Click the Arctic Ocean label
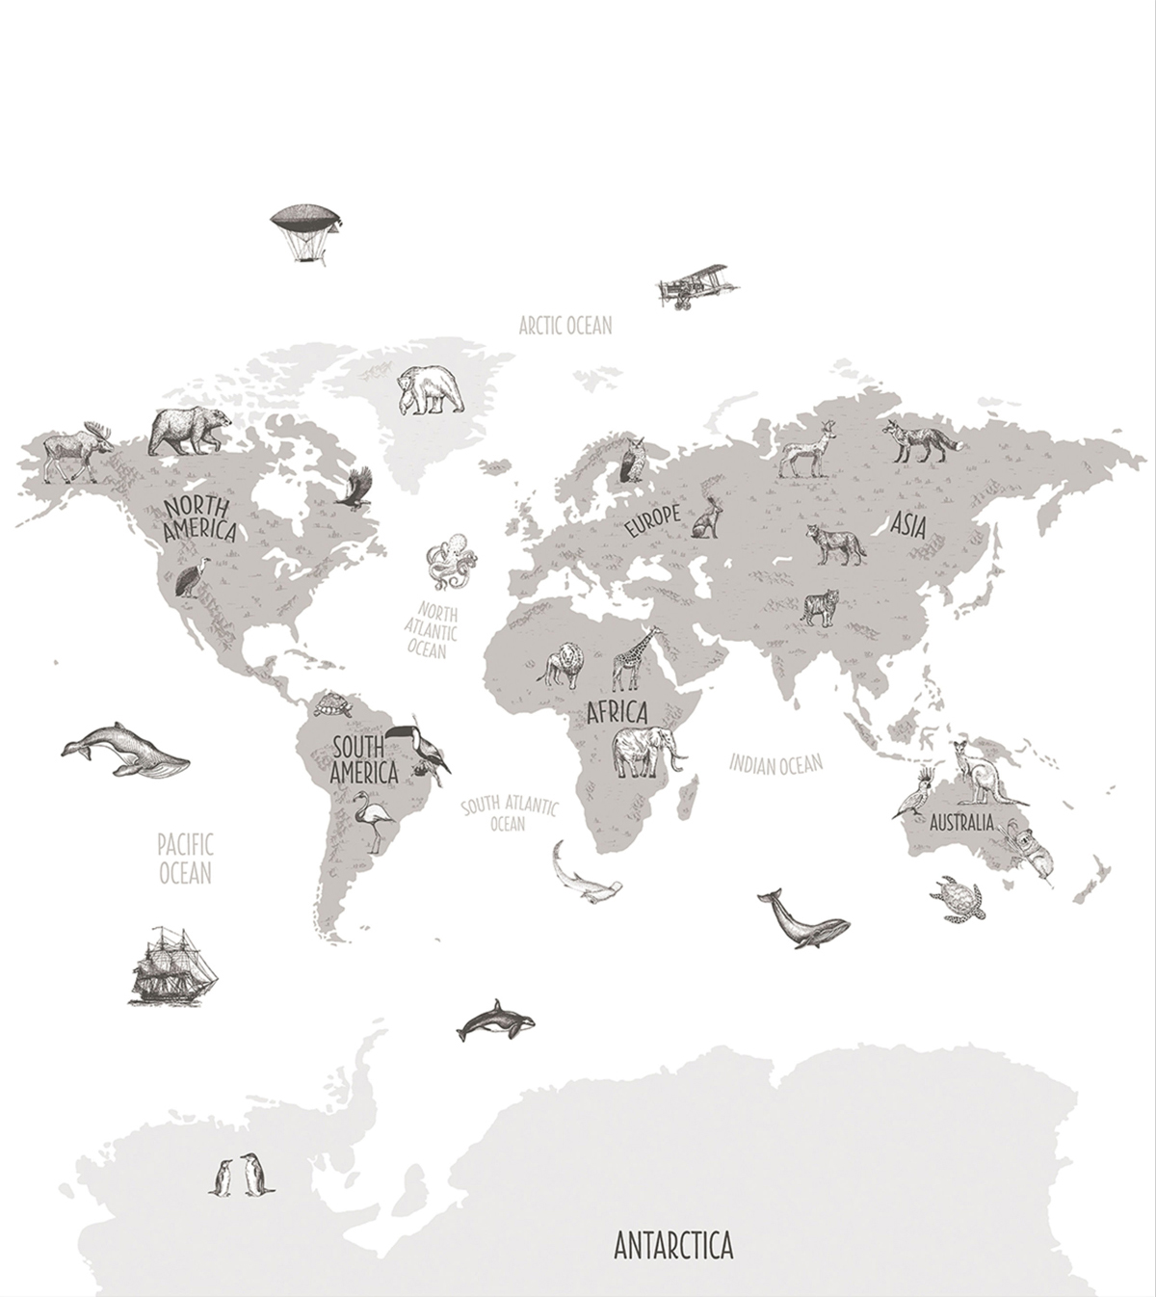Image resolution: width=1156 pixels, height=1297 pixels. (565, 326)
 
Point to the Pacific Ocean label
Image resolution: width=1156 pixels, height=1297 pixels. (185, 859)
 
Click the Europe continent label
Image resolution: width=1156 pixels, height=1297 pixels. (651, 519)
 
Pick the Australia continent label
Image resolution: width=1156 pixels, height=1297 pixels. (961, 824)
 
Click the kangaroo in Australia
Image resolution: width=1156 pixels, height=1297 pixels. (975, 773)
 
